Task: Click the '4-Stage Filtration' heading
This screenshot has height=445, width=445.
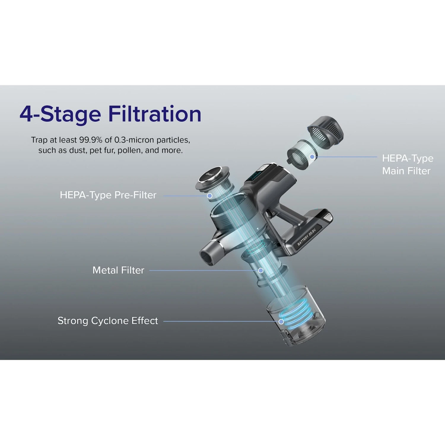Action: [x=110, y=114]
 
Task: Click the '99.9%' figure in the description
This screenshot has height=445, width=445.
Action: [x=91, y=140]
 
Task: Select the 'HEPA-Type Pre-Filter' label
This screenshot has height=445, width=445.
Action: [x=108, y=195]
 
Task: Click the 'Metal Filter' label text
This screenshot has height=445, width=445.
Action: [x=118, y=270]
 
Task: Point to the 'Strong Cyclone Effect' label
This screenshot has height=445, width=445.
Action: [x=108, y=321]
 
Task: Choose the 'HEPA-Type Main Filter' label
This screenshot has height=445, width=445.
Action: [x=408, y=165]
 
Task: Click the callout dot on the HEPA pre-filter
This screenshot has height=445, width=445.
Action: [x=209, y=196]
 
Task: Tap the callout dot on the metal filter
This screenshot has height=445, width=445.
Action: [x=261, y=271]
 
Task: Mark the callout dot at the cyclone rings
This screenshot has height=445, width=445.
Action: [x=281, y=321]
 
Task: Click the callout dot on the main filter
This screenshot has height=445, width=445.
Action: [x=312, y=157]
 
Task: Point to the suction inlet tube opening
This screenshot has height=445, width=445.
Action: [x=207, y=254]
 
